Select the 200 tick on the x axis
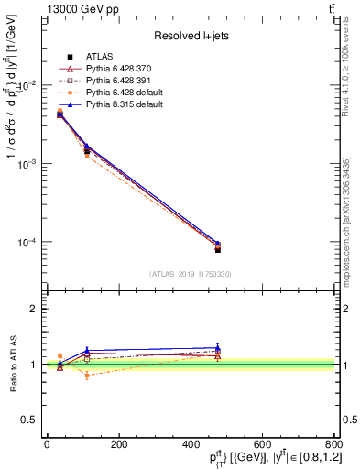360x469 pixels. click(x=118, y=444)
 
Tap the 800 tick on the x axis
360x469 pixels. click(x=333, y=444)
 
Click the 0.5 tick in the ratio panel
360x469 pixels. click(x=29, y=420)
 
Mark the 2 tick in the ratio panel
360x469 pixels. click(x=34, y=309)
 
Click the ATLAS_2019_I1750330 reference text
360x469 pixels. click(x=190, y=273)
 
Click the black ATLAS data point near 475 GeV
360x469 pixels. click(x=217, y=249)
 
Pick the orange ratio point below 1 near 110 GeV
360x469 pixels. click(x=87, y=376)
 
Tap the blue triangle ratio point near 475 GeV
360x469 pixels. click(x=217, y=348)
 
